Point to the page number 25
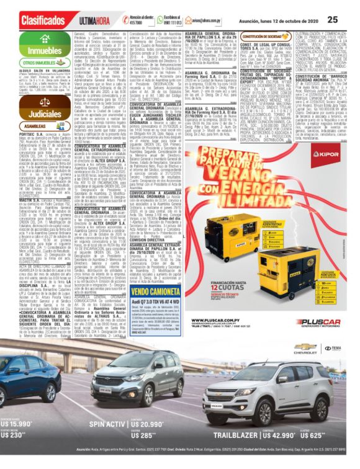point(333,19)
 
